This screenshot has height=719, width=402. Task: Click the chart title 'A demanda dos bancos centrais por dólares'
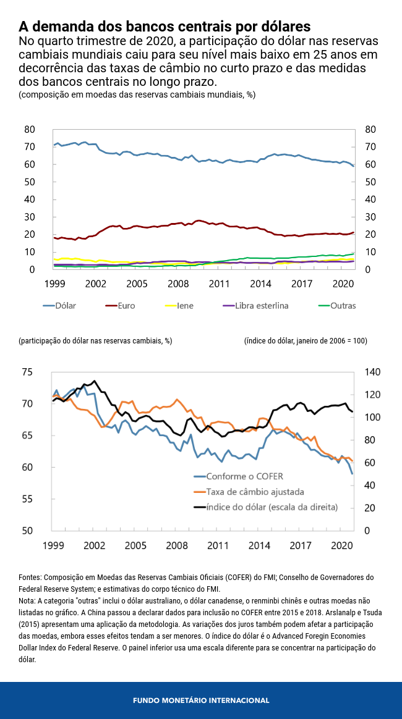(164, 27)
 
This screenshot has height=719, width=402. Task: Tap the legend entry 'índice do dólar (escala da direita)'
(272, 507)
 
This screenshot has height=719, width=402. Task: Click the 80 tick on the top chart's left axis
(29, 129)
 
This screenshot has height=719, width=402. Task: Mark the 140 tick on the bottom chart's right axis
(373, 372)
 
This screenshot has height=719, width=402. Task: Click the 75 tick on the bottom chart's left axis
(27, 372)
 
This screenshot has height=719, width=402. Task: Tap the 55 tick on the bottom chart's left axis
(27, 499)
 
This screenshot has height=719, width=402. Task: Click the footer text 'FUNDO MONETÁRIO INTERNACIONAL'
(201, 700)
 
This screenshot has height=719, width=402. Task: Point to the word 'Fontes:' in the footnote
(30, 578)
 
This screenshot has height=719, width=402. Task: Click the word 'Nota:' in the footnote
(28, 600)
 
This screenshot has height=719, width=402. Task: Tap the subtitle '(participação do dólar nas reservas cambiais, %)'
(95, 341)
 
